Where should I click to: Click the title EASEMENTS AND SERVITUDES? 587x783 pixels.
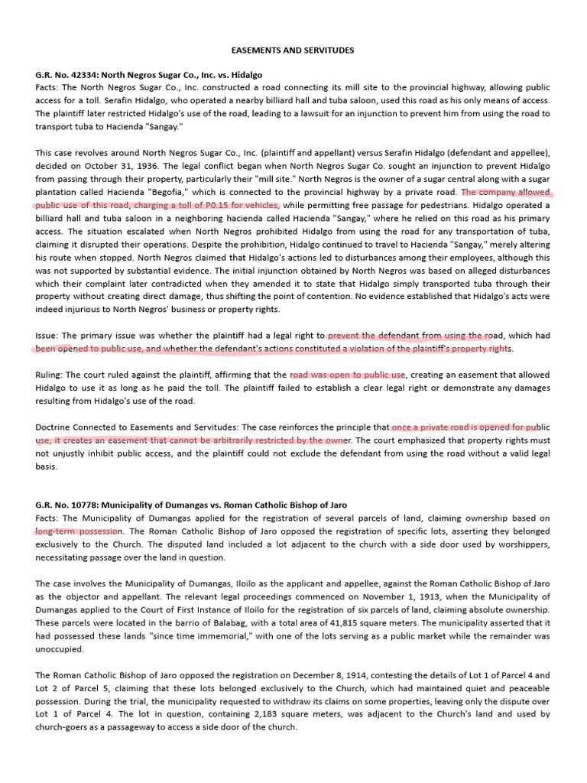click(293, 50)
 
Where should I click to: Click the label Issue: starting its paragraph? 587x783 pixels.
click(47, 336)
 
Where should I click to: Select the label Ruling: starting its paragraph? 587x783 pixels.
click(50, 375)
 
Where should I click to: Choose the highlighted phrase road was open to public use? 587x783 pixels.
click(348, 375)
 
